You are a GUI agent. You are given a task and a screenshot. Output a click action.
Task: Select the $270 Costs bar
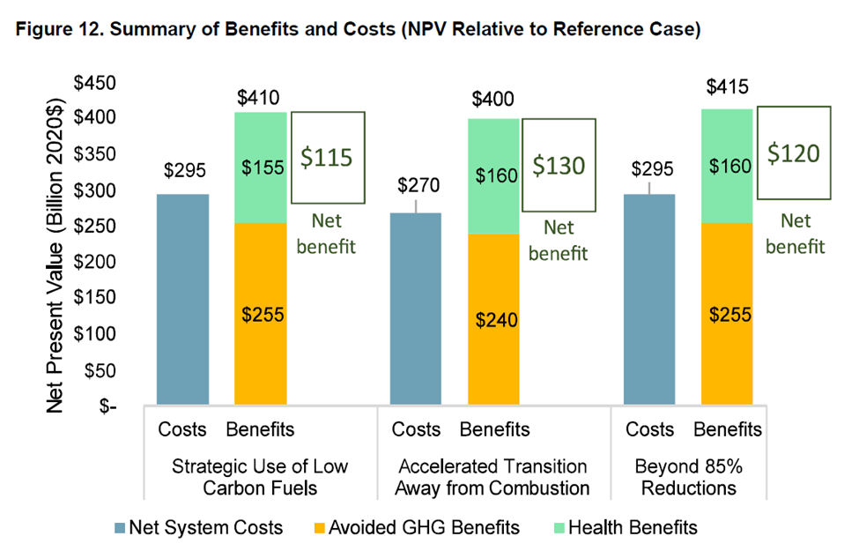[417, 309]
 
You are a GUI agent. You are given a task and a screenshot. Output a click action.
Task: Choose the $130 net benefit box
[559, 165]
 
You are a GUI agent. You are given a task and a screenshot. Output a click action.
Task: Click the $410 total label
[261, 96]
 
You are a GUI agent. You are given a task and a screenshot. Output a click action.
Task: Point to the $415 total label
[728, 88]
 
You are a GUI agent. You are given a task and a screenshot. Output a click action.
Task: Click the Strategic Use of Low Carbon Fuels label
[262, 476]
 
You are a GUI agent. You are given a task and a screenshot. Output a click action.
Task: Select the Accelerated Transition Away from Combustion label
[492, 476]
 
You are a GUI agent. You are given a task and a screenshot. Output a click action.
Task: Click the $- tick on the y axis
[109, 406]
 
